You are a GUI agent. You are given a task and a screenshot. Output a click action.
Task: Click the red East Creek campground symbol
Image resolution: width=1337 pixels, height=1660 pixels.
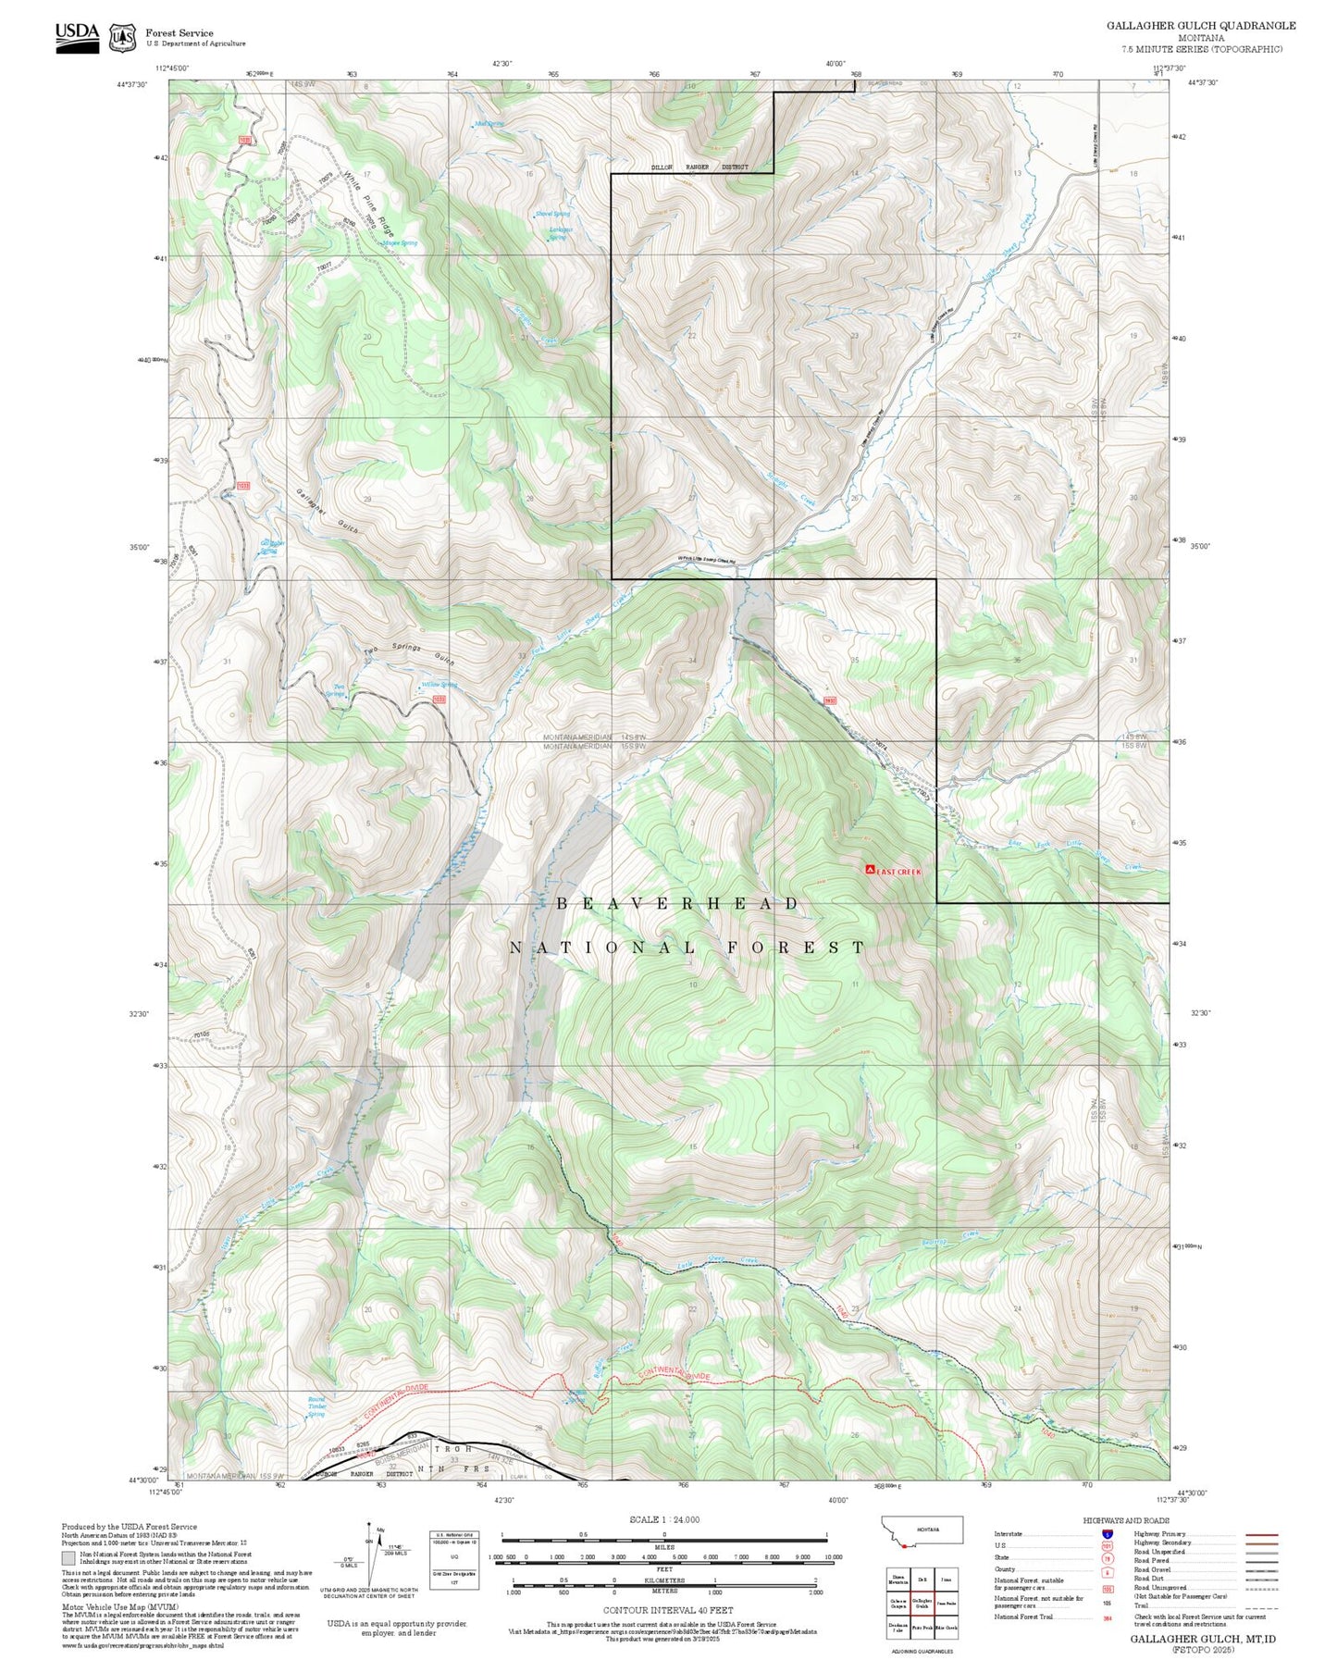pos(870,870)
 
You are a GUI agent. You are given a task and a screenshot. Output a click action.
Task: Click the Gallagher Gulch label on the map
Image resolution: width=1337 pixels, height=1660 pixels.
pos(328,510)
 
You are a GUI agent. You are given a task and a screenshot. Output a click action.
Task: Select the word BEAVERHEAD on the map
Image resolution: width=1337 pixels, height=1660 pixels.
pos(678,904)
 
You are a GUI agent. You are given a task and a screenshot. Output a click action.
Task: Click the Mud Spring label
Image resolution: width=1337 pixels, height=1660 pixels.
pos(489,123)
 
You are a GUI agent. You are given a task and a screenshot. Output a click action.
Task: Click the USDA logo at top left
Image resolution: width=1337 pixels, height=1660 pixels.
pos(77,36)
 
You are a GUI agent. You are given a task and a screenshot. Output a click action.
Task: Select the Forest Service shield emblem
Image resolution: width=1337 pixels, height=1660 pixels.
pos(122,38)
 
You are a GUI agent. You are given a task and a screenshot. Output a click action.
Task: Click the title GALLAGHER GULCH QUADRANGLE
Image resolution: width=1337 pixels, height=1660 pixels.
pos(1200,26)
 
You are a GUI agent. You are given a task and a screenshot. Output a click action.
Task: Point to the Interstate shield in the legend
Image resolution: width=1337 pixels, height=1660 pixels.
pos(1107,1534)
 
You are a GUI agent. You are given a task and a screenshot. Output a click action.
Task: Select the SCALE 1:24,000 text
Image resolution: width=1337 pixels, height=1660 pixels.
pos(664,1519)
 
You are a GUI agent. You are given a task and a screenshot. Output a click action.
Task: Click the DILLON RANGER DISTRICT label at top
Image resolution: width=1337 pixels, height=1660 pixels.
pos(699,167)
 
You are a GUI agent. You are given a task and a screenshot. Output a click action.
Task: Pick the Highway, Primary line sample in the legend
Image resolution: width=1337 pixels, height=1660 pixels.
pos(1262,1534)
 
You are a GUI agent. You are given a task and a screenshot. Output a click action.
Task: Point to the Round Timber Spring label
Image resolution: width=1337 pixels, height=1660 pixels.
pos(316,1406)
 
